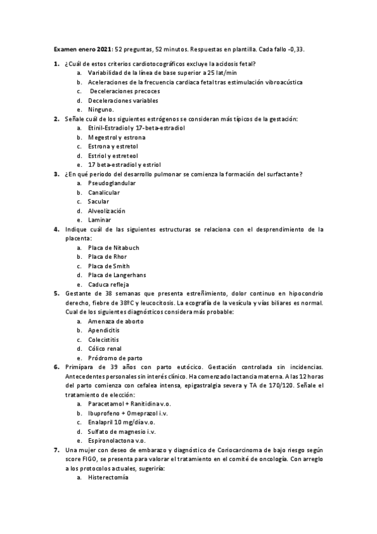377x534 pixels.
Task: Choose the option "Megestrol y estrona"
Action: (x=116, y=137)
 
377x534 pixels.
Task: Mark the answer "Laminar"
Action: (x=99, y=220)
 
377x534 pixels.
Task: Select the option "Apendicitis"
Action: (x=104, y=331)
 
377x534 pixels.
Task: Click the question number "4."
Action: (x=57, y=229)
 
